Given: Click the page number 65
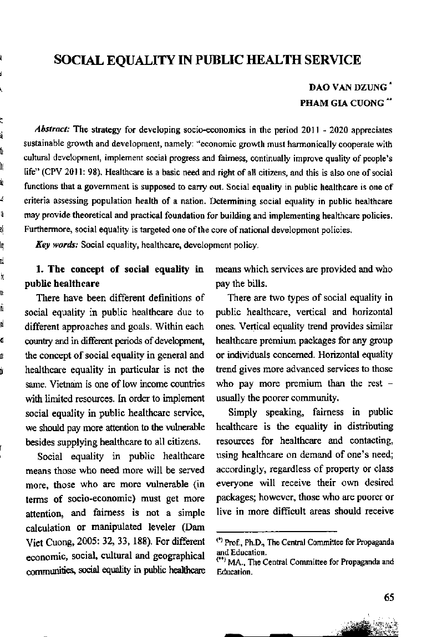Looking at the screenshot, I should tap(388, 597).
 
